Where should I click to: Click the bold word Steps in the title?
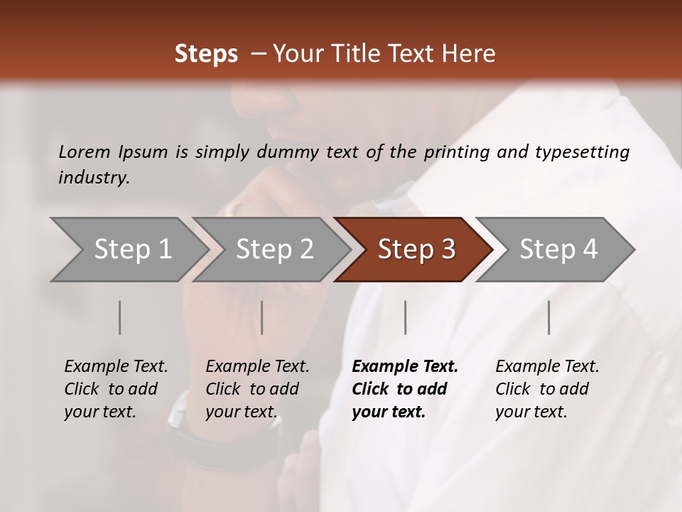pyautogui.click(x=206, y=54)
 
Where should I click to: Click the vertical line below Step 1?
pyautogui.click(x=120, y=317)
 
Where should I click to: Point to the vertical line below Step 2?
pyautogui.click(x=262, y=317)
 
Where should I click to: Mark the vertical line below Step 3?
pyautogui.click(x=406, y=317)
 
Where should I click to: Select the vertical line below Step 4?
pyautogui.click(x=549, y=317)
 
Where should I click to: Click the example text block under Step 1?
pyautogui.click(x=116, y=389)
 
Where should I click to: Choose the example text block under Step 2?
pyautogui.click(x=257, y=389)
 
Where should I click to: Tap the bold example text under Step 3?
pyautogui.click(x=405, y=389)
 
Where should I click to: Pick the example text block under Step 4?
pyautogui.click(x=547, y=389)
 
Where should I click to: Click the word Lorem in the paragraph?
pyautogui.click(x=84, y=152)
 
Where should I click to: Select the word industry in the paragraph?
pyautogui.click(x=92, y=178)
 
